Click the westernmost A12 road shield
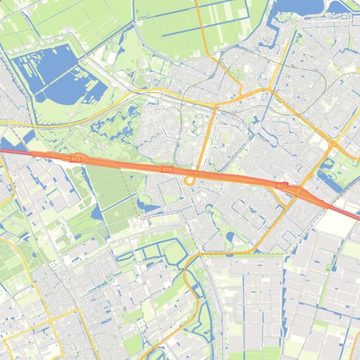pyautogui.click(x=76, y=159)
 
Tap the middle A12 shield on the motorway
pyautogui.click(x=167, y=169)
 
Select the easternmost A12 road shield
pyautogui.click(x=281, y=185)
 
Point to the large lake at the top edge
pyautogui.click(x=299, y=6)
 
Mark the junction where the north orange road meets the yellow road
pyautogui.click(x=216, y=105)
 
